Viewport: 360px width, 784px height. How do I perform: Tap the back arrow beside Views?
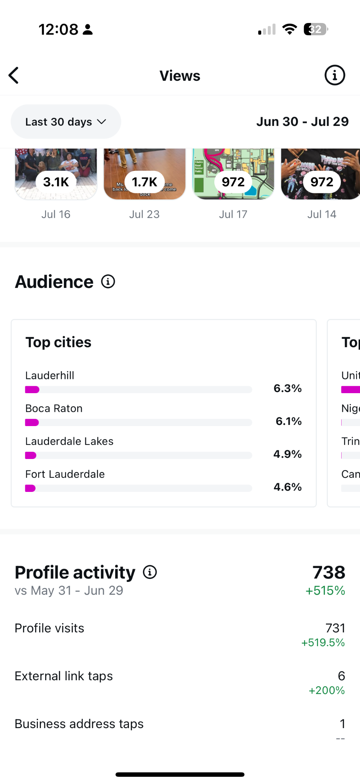14,75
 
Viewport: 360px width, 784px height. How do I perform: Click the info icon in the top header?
335,75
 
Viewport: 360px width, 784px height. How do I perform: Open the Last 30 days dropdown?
66,122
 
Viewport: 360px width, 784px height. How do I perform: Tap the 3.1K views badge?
56,182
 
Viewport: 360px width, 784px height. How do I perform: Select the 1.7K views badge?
145,182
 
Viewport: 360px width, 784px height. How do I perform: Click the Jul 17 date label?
233,214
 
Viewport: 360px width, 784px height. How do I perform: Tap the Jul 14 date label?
322,214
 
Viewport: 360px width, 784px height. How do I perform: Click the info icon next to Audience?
108,282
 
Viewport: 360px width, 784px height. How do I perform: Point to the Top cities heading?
59,342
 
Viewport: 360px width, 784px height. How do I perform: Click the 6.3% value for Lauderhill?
288,388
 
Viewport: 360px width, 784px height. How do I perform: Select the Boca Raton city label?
54,408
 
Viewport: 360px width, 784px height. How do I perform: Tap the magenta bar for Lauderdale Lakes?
31,456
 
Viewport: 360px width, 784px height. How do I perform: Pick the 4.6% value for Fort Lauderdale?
288,487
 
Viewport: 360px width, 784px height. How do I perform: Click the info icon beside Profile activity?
150,572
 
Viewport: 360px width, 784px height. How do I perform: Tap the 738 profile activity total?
329,573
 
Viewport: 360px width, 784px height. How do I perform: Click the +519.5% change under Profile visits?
323,642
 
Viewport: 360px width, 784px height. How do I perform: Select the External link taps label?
64,676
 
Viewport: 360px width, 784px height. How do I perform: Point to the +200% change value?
327,690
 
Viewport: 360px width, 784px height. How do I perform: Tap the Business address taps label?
79,724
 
